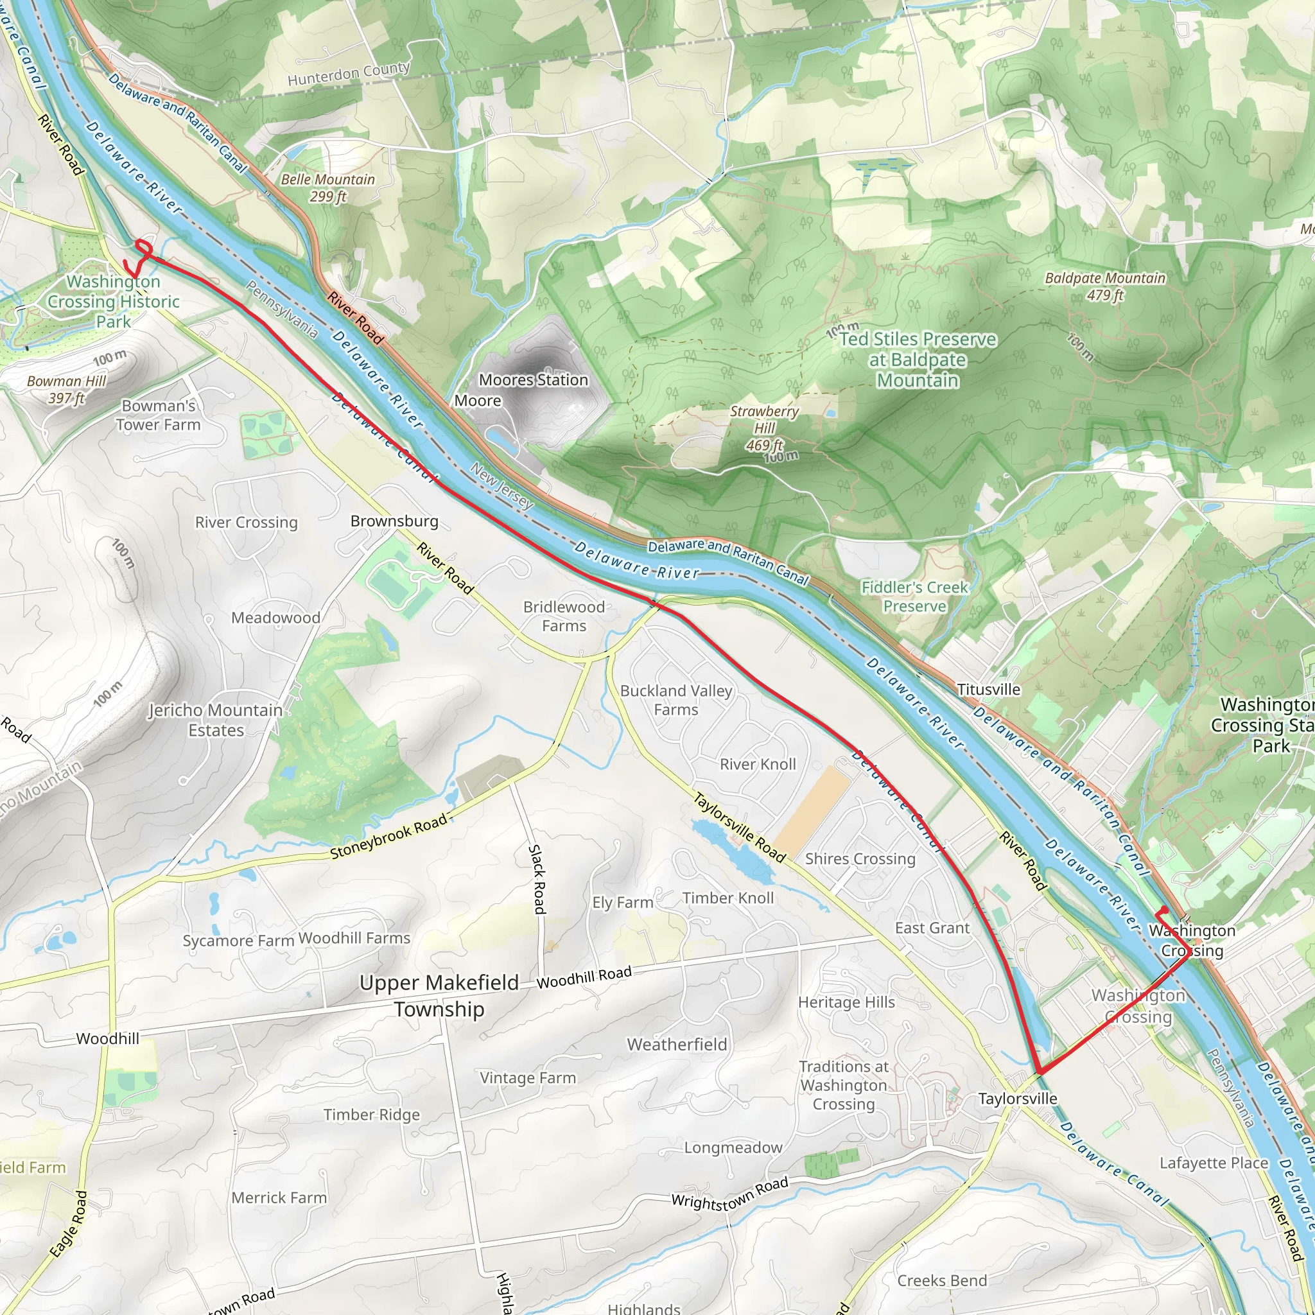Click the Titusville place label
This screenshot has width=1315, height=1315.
point(988,690)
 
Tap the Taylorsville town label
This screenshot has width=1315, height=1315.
point(1018,1099)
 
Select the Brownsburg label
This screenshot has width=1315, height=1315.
point(394,521)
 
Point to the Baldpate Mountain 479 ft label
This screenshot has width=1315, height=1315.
point(1104,286)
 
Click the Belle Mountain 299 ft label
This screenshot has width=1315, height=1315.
point(327,188)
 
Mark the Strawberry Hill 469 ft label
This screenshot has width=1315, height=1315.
point(763,428)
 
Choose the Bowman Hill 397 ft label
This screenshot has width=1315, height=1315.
point(66,390)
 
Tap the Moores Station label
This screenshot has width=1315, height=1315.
point(533,380)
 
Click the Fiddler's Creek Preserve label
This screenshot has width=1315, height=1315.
point(914,597)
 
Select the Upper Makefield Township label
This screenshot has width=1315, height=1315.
point(439,996)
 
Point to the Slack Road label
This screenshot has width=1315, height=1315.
point(537,880)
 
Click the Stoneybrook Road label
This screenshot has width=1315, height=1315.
point(388,836)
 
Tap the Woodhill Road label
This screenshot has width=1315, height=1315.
point(584,977)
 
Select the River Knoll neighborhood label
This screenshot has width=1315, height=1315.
point(758,764)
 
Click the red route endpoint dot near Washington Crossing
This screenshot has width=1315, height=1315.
point(1165,910)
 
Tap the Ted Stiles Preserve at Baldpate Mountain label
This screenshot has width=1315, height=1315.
point(918,360)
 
